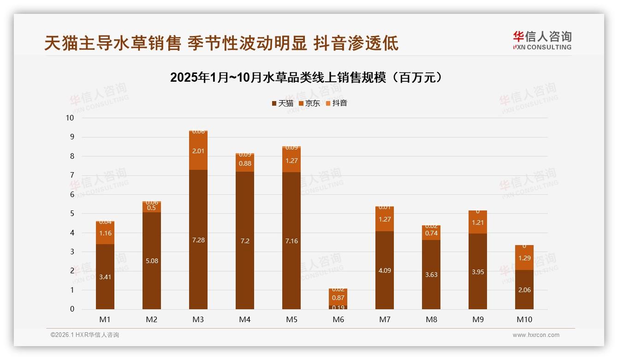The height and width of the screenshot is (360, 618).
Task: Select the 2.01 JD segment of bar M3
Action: pyautogui.click(x=198, y=151)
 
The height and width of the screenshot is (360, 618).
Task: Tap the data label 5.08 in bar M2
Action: pyautogui.click(x=152, y=261)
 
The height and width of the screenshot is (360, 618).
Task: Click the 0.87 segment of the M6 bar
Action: pyautogui.click(x=338, y=298)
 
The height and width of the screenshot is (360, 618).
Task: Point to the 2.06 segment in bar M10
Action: pyautogui.click(x=524, y=290)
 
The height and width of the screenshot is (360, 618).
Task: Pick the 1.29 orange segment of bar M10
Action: pyautogui.click(x=524, y=258)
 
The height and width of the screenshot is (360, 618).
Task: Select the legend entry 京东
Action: pyautogui.click(x=309, y=103)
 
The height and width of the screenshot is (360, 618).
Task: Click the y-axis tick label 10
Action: pyautogui.click(x=70, y=118)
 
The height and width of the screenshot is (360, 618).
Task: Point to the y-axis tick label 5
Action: pyautogui.click(x=72, y=214)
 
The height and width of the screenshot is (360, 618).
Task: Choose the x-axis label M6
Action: pyautogui.click(x=338, y=319)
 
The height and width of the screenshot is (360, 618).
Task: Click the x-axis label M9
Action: pyautogui.click(x=478, y=319)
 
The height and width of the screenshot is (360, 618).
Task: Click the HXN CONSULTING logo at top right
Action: pyautogui.click(x=542, y=41)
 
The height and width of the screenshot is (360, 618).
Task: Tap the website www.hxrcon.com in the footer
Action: pyautogui.click(x=536, y=335)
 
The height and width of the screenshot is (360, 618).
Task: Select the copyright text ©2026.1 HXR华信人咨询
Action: pyautogui.click(x=85, y=335)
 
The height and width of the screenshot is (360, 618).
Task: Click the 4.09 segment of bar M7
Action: pyautogui.click(x=385, y=270)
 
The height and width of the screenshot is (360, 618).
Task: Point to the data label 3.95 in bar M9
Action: pyautogui.click(x=478, y=272)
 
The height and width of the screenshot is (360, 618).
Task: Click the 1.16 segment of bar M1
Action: pyautogui.click(x=105, y=234)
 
